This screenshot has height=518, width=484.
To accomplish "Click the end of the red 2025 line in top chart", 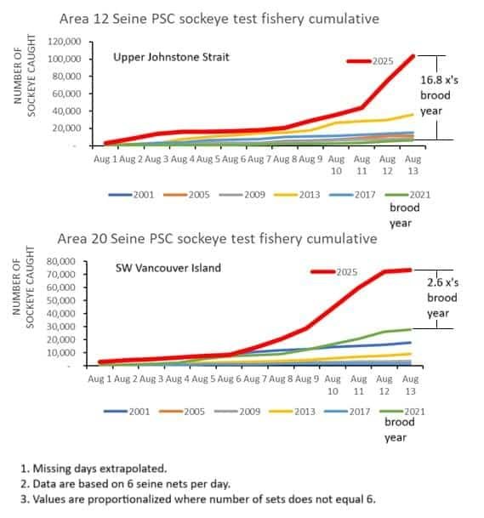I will pyautogui.click(x=413, y=56).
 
